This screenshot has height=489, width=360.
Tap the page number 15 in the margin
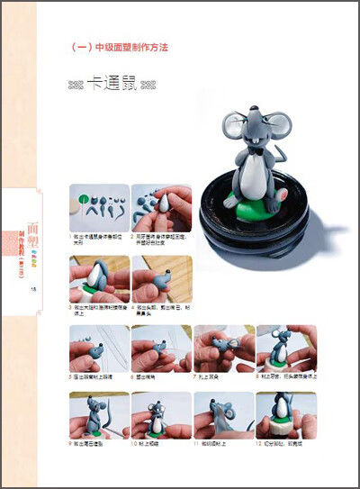click(32, 288)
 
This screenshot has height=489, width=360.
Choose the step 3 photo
click(99, 279)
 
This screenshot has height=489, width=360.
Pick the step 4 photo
click(161, 279)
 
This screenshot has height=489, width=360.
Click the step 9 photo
click(99, 415)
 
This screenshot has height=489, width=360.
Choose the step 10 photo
click(161, 415)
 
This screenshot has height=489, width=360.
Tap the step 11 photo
click(222, 415)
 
